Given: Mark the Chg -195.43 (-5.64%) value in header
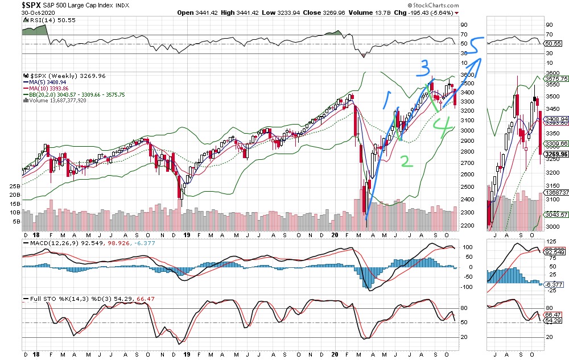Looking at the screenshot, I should (x=428, y=12).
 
